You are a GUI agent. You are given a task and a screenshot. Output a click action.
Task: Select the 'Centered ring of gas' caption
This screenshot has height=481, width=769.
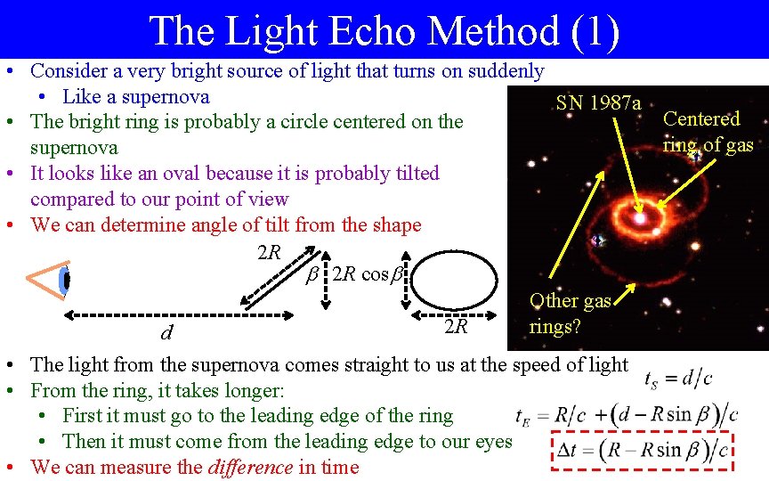(x=708, y=132)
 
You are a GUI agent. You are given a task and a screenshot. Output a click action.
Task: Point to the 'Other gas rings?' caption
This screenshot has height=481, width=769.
(x=570, y=314)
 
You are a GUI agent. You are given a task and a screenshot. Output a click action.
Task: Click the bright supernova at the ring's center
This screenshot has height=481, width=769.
(x=637, y=217)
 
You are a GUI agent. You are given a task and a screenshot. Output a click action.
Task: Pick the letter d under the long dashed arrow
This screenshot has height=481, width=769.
(x=166, y=334)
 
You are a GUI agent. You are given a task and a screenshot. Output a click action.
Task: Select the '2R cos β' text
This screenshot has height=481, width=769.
(x=368, y=274)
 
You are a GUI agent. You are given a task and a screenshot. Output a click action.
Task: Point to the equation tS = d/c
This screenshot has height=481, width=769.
(x=677, y=379)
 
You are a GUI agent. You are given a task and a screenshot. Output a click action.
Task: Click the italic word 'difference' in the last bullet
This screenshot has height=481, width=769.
(x=249, y=467)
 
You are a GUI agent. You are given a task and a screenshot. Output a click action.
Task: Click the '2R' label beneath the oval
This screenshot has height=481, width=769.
(x=456, y=327)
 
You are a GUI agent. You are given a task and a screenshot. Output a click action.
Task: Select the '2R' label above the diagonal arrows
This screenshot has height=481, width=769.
(x=269, y=253)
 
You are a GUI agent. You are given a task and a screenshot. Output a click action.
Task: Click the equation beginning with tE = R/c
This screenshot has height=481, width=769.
(x=627, y=415)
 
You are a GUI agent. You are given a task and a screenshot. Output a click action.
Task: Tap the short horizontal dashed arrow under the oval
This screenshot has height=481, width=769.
(x=456, y=314)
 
